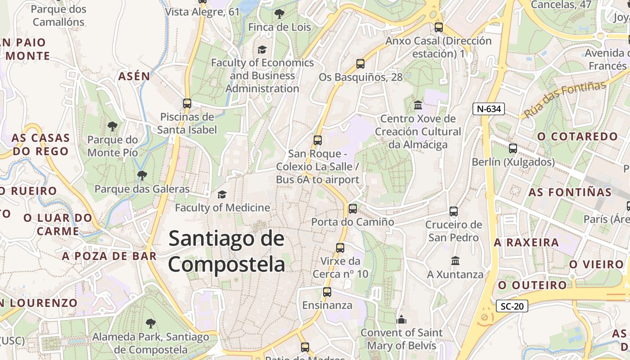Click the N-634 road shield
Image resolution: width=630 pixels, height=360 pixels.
489,108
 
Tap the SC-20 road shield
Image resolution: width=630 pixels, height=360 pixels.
512,306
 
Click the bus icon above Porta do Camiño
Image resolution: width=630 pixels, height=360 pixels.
353,209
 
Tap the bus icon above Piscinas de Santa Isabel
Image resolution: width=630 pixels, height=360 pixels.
187,103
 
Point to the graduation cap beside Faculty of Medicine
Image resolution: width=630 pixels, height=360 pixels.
222,194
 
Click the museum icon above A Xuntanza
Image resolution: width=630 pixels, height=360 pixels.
455,261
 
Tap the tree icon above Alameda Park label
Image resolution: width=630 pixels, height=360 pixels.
150,323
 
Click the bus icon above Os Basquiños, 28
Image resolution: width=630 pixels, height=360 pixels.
360,64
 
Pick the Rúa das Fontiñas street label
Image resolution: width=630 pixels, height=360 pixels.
565,100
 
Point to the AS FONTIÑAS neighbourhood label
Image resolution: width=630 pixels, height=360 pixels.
570,192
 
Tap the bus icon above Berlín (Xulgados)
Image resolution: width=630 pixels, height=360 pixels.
513,148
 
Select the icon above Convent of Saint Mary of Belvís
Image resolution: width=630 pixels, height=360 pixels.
401,320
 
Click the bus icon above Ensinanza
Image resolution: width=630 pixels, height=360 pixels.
327,292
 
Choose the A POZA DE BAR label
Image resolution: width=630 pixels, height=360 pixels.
109,256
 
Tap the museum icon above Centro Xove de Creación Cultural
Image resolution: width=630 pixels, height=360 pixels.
418,105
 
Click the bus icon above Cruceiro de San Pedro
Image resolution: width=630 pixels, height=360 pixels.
454,211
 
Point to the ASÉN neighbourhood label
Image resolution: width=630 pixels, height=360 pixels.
134,76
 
